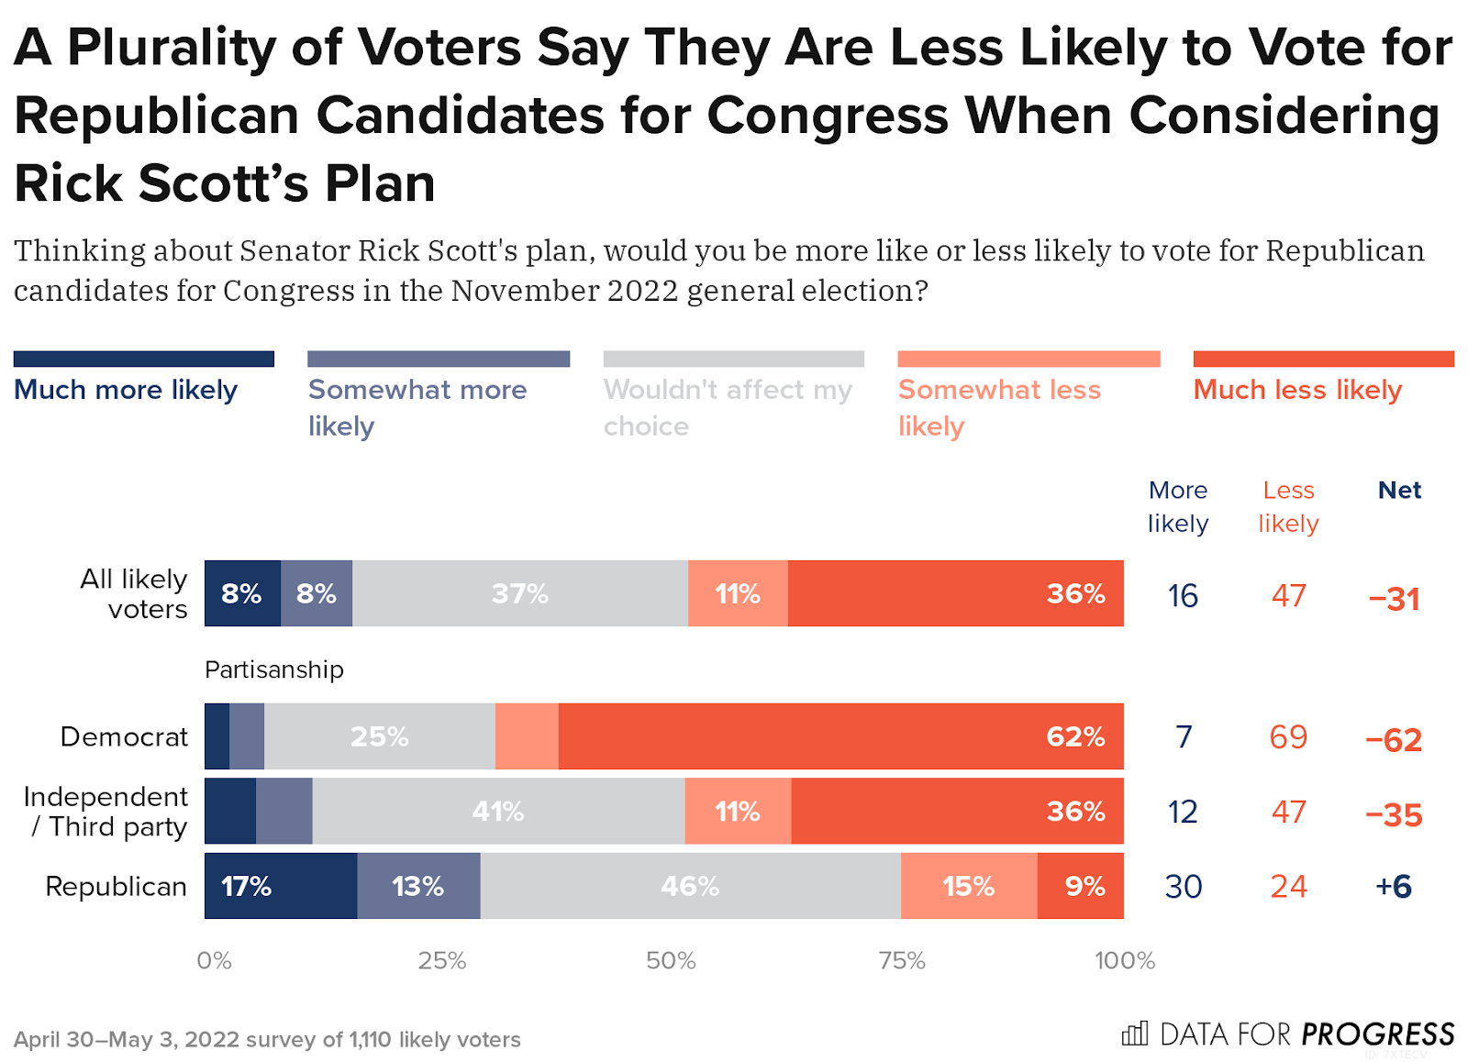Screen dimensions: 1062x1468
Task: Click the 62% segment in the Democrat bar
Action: pyautogui.click(x=840, y=736)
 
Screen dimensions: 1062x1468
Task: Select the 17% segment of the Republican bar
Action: pyautogui.click(x=281, y=886)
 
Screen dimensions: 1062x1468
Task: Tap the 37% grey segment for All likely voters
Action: pyautogui.click(x=519, y=593)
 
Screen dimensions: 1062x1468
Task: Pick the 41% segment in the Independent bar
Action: pyautogui.click(x=498, y=812)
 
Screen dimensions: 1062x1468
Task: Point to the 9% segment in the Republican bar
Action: pyautogui.click(x=1081, y=886)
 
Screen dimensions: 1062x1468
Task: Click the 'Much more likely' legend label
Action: pyautogui.click(x=126, y=390)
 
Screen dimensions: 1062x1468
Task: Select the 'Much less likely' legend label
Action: pyautogui.click(x=1297, y=390)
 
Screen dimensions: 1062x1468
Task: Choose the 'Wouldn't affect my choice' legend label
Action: pyautogui.click(x=728, y=407)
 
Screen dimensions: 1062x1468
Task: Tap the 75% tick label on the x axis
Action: pyautogui.click(x=902, y=960)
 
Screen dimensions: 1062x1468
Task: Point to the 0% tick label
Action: pyautogui.click(x=214, y=960)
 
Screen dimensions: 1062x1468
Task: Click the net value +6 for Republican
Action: pyautogui.click(x=1394, y=887)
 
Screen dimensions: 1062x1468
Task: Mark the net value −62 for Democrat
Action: pyautogui.click(x=1394, y=739)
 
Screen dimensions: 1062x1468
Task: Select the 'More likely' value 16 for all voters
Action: pyautogui.click(x=1183, y=596)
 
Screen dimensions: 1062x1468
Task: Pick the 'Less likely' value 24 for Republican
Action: pyautogui.click(x=1288, y=887)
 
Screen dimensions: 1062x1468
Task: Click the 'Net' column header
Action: pyautogui.click(x=1399, y=490)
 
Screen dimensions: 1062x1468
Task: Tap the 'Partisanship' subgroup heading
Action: pyautogui.click(x=274, y=669)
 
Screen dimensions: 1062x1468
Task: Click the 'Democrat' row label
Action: pyautogui.click(x=124, y=736)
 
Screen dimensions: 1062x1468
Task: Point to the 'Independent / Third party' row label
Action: pyautogui.click(x=106, y=812)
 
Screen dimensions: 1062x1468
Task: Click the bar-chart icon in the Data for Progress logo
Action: pyautogui.click(x=1135, y=1034)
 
